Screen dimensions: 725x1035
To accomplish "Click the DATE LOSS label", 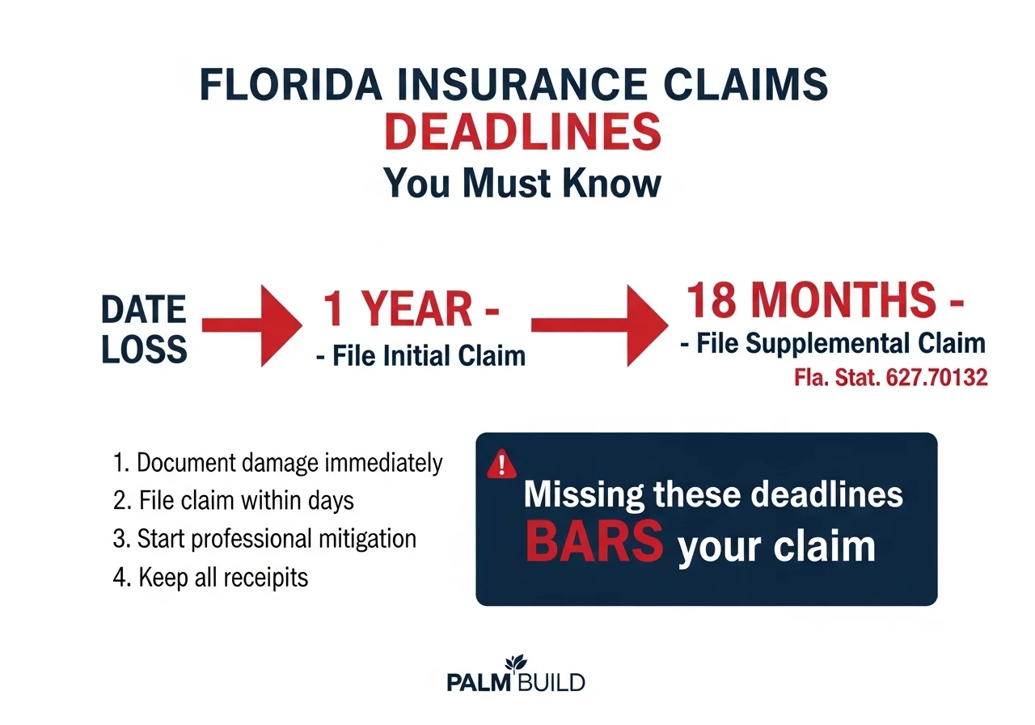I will point(144,330).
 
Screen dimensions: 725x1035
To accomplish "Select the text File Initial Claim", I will point(420,354).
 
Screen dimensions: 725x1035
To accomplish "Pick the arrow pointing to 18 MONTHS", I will point(594,325).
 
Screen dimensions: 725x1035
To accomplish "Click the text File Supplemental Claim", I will point(833,343).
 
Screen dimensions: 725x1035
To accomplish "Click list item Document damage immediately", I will point(278,463).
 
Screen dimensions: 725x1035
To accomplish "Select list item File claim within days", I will point(234,500).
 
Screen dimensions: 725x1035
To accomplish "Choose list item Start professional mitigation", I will point(265,538).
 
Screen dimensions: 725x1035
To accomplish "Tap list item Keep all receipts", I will point(211,577).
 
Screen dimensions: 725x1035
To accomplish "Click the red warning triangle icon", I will point(502,464).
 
